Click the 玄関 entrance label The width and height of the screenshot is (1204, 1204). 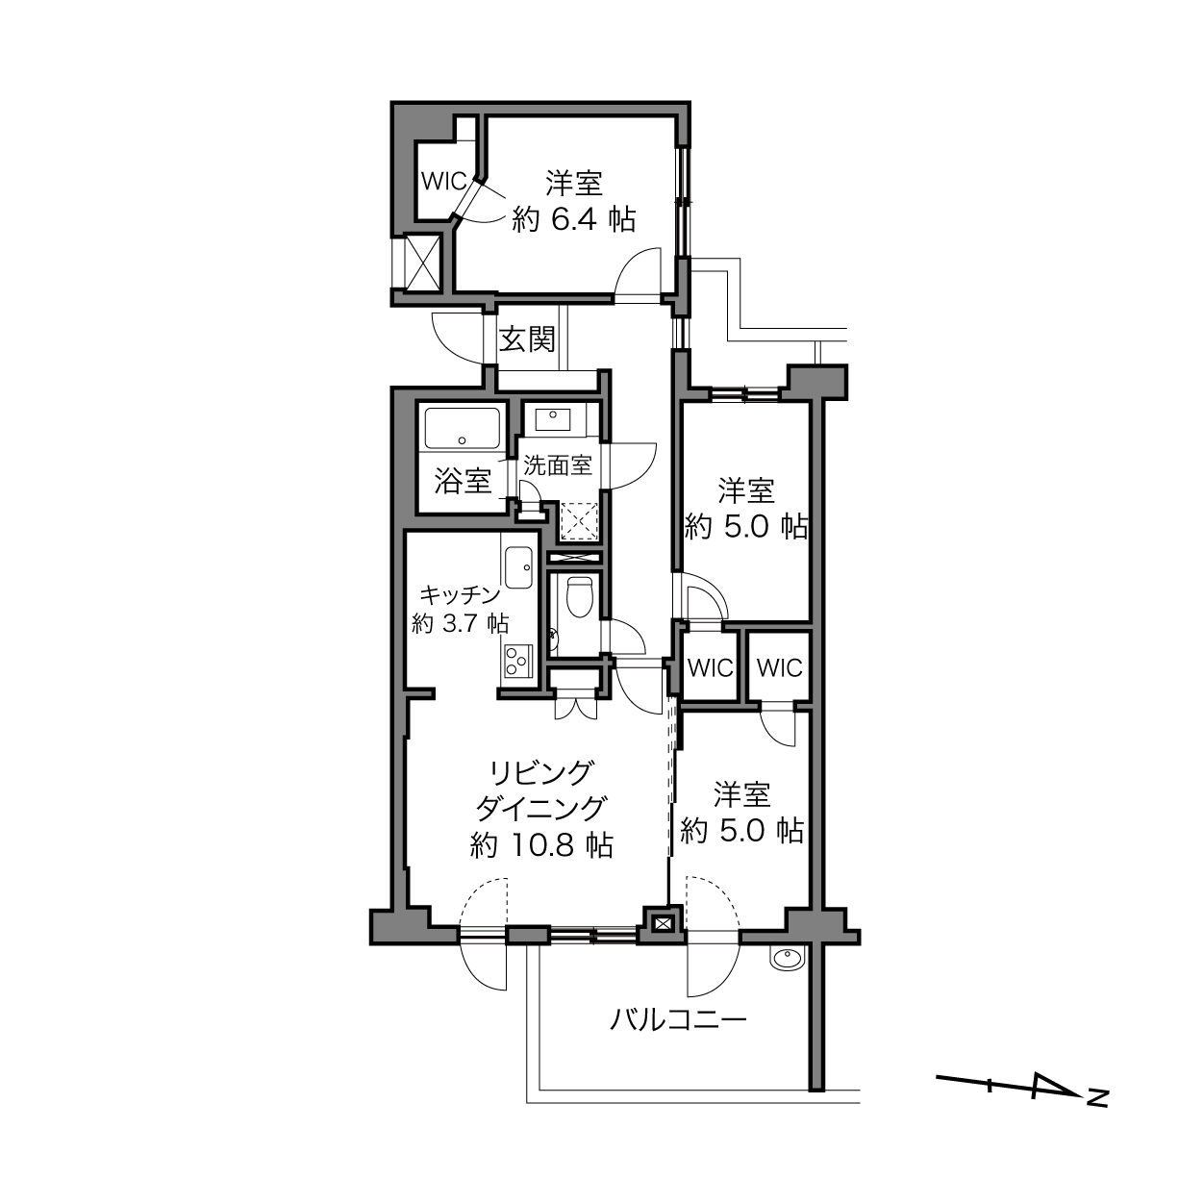coord(527,339)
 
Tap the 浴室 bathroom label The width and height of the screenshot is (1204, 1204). coord(463,482)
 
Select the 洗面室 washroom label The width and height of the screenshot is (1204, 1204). coord(558,465)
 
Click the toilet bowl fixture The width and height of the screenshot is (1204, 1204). coord(579,595)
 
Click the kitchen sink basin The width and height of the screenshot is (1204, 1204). coord(518,567)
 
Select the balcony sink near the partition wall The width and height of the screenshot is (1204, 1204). coord(788,958)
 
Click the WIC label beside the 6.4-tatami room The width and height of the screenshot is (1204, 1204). coord(444,181)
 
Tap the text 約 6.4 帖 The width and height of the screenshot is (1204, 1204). coord(573,220)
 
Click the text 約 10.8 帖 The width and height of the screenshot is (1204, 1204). coord(541,846)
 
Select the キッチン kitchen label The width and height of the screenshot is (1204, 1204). coord(460,595)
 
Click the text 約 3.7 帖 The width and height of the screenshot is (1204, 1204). coord(461,623)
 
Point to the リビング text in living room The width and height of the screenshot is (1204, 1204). coord(541,773)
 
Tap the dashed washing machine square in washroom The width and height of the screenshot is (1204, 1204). coord(579,520)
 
